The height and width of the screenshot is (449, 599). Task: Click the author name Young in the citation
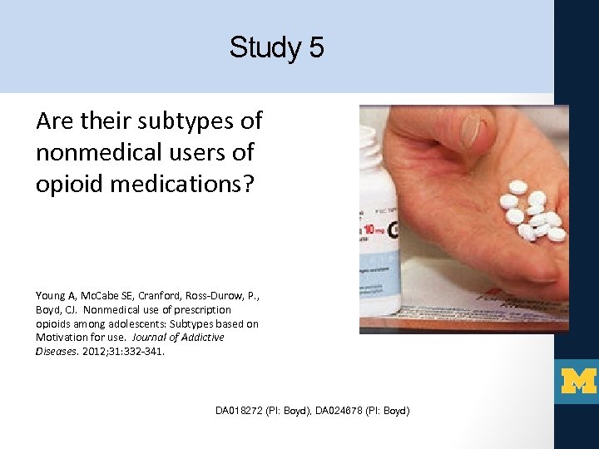click(49, 295)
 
